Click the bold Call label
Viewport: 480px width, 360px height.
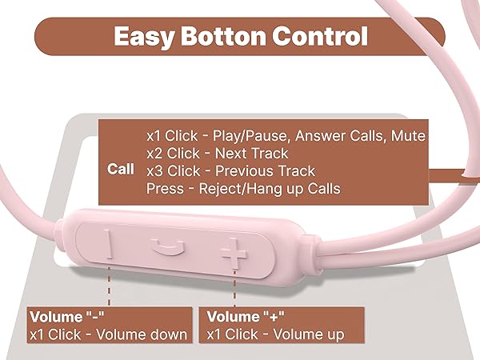pos(122,170)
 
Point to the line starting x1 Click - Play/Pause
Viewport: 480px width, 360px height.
pos(285,134)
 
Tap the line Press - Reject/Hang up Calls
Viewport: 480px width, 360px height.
pos(243,189)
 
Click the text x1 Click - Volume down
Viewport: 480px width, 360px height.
pos(107,334)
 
